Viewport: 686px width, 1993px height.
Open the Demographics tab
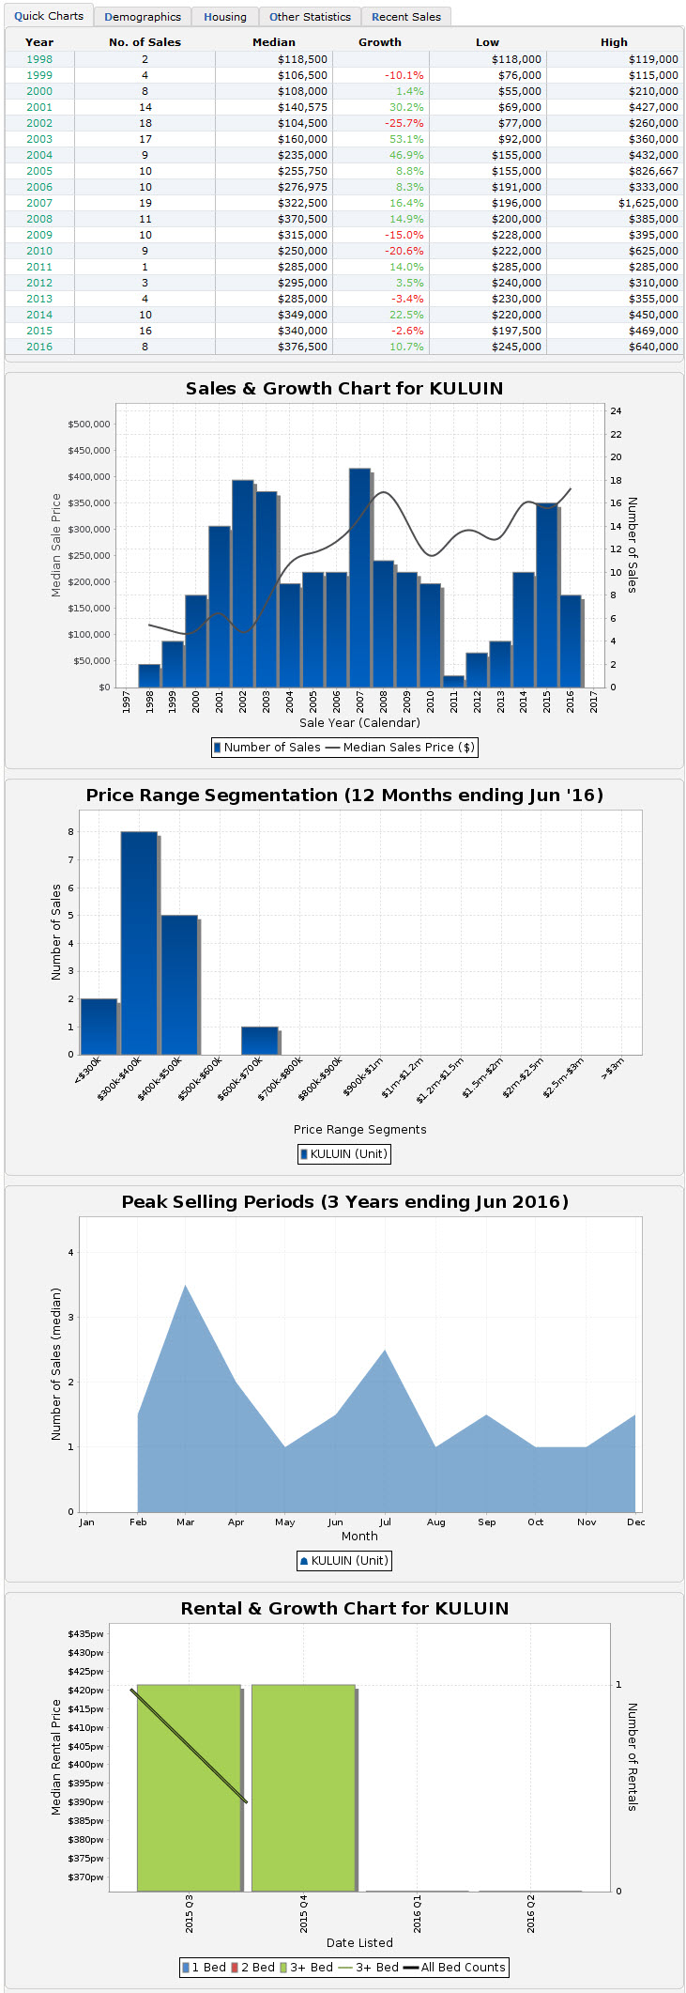[x=143, y=17]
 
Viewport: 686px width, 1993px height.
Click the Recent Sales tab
[x=405, y=17]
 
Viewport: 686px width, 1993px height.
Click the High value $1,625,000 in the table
[x=648, y=203]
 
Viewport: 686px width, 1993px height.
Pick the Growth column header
[x=379, y=42]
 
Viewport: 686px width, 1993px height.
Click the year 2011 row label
[x=39, y=267]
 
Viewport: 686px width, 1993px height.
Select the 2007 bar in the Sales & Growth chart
[x=359, y=578]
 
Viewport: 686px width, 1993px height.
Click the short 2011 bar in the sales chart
[x=453, y=681]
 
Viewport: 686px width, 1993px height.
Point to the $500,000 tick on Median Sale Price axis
[x=88, y=425]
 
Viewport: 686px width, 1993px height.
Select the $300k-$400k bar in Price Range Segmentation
[x=139, y=943]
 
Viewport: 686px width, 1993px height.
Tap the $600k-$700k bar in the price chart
[x=259, y=1041]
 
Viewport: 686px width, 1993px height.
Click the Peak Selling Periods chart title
[x=344, y=1202]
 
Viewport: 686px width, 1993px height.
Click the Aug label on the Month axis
[x=435, y=1522]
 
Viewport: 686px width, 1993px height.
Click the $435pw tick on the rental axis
[x=85, y=1634]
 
